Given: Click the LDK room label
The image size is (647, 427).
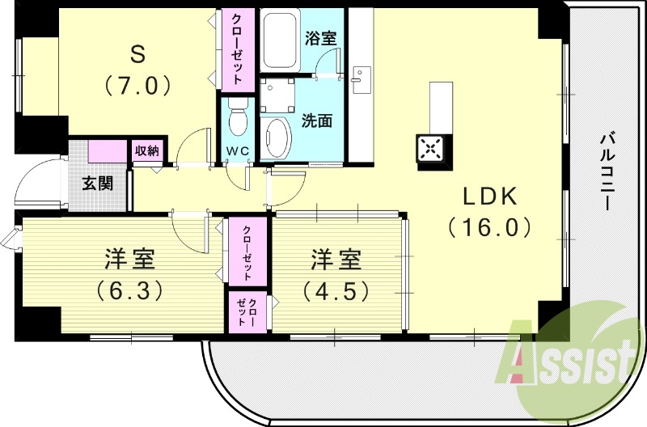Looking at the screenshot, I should point(488,197).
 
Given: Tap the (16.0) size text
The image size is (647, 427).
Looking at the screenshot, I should point(489,227).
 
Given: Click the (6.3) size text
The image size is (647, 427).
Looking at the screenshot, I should point(129,289).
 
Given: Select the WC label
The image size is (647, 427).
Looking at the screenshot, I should point(238,151).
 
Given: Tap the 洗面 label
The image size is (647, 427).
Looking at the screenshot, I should point(317,121).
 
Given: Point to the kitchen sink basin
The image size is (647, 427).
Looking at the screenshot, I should point(361,80).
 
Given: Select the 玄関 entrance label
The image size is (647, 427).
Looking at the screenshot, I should point(96,183).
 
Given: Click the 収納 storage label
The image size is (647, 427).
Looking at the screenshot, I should point(147,150).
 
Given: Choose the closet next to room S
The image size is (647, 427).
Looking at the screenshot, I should point(239,49).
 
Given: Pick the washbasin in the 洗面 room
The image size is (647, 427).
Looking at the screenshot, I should point(277,137).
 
